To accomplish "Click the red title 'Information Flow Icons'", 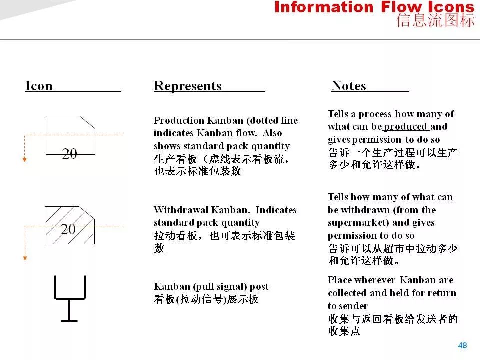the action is (x=374, y=7).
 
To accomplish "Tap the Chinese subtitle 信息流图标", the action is (x=435, y=20).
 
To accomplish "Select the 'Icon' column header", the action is (x=39, y=86).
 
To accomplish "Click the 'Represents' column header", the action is (x=187, y=86).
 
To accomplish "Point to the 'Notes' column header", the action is (x=349, y=86).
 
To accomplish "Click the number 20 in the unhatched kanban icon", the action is (x=70, y=153).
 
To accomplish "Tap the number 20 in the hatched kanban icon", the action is (x=68, y=229).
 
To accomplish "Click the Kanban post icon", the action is (x=70, y=298).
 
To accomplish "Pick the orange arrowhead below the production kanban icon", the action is (x=25, y=159).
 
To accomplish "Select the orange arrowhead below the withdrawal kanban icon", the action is (x=25, y=258).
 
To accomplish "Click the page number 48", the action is (x=462, y=345).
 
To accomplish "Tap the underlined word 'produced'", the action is (x=405, y=126).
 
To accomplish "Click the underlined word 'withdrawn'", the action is (x=365, y=210).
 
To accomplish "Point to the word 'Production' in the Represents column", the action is (x=179, y=120).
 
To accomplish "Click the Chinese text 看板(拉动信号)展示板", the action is (x=206, y=299).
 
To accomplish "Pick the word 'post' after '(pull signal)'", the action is (x=259, y=287).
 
